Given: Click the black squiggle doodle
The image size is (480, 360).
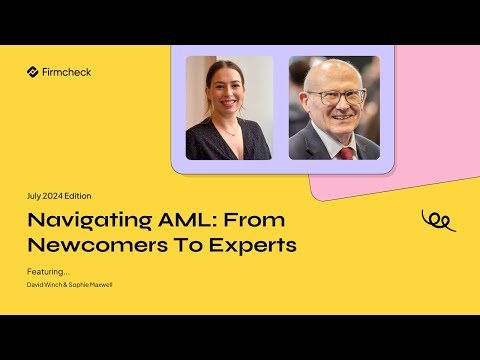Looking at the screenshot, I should pos(437,219).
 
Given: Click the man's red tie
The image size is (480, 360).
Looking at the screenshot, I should pos(346,152).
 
